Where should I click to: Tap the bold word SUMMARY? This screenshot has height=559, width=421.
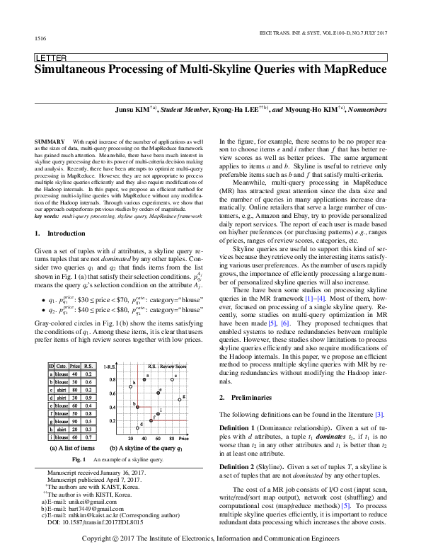(48, 142)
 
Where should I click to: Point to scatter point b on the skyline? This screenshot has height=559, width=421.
(137, 405)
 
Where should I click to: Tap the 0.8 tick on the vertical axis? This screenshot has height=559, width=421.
(112, 380)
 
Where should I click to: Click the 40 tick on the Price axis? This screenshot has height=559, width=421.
(144, 439)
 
